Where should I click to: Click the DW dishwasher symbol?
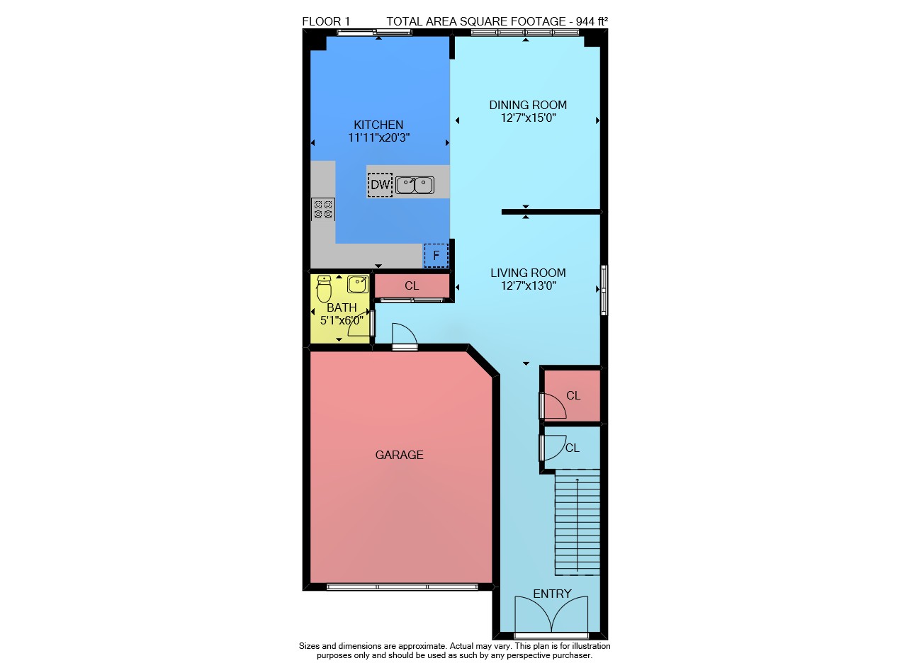[380, 185]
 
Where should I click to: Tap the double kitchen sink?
[415, 186]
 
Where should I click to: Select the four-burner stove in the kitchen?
[322, 209]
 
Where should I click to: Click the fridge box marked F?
[436, 256]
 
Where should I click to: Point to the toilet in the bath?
[324, 289]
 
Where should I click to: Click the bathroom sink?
[358, 284]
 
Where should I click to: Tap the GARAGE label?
[399, 455]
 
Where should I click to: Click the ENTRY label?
[552, 594]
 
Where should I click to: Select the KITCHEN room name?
[378, 125]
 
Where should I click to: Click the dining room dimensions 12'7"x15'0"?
[529, 118]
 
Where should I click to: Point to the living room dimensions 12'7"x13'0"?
[529, 285]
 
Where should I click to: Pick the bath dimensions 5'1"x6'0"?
[342, 321]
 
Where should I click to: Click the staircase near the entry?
[577, 522]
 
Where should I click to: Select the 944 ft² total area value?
[592, 21]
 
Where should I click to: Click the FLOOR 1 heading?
[326, 21]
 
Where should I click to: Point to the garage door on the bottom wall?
[402, 587]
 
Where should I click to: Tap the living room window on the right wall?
[604, 290]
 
